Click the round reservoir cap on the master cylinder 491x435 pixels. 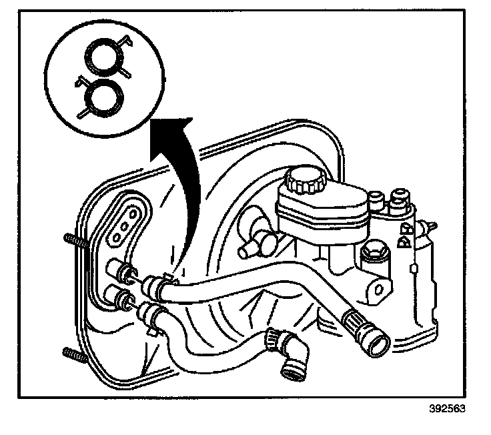304,179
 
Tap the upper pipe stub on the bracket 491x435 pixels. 121,271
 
